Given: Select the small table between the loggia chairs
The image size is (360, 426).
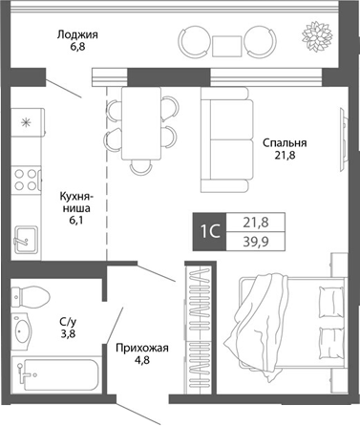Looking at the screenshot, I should pos(226,44).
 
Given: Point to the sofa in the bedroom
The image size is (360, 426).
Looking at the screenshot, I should pos(222,138).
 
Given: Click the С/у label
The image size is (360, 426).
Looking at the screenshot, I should pos(67,324).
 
